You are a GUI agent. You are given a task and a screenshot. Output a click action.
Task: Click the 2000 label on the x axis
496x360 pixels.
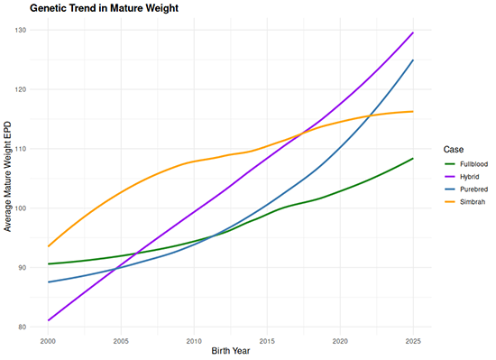pos(49,341)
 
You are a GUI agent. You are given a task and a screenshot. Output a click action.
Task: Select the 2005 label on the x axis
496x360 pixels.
pos(121,341)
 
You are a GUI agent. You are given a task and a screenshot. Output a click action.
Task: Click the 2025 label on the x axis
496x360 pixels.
pos(412,341)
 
